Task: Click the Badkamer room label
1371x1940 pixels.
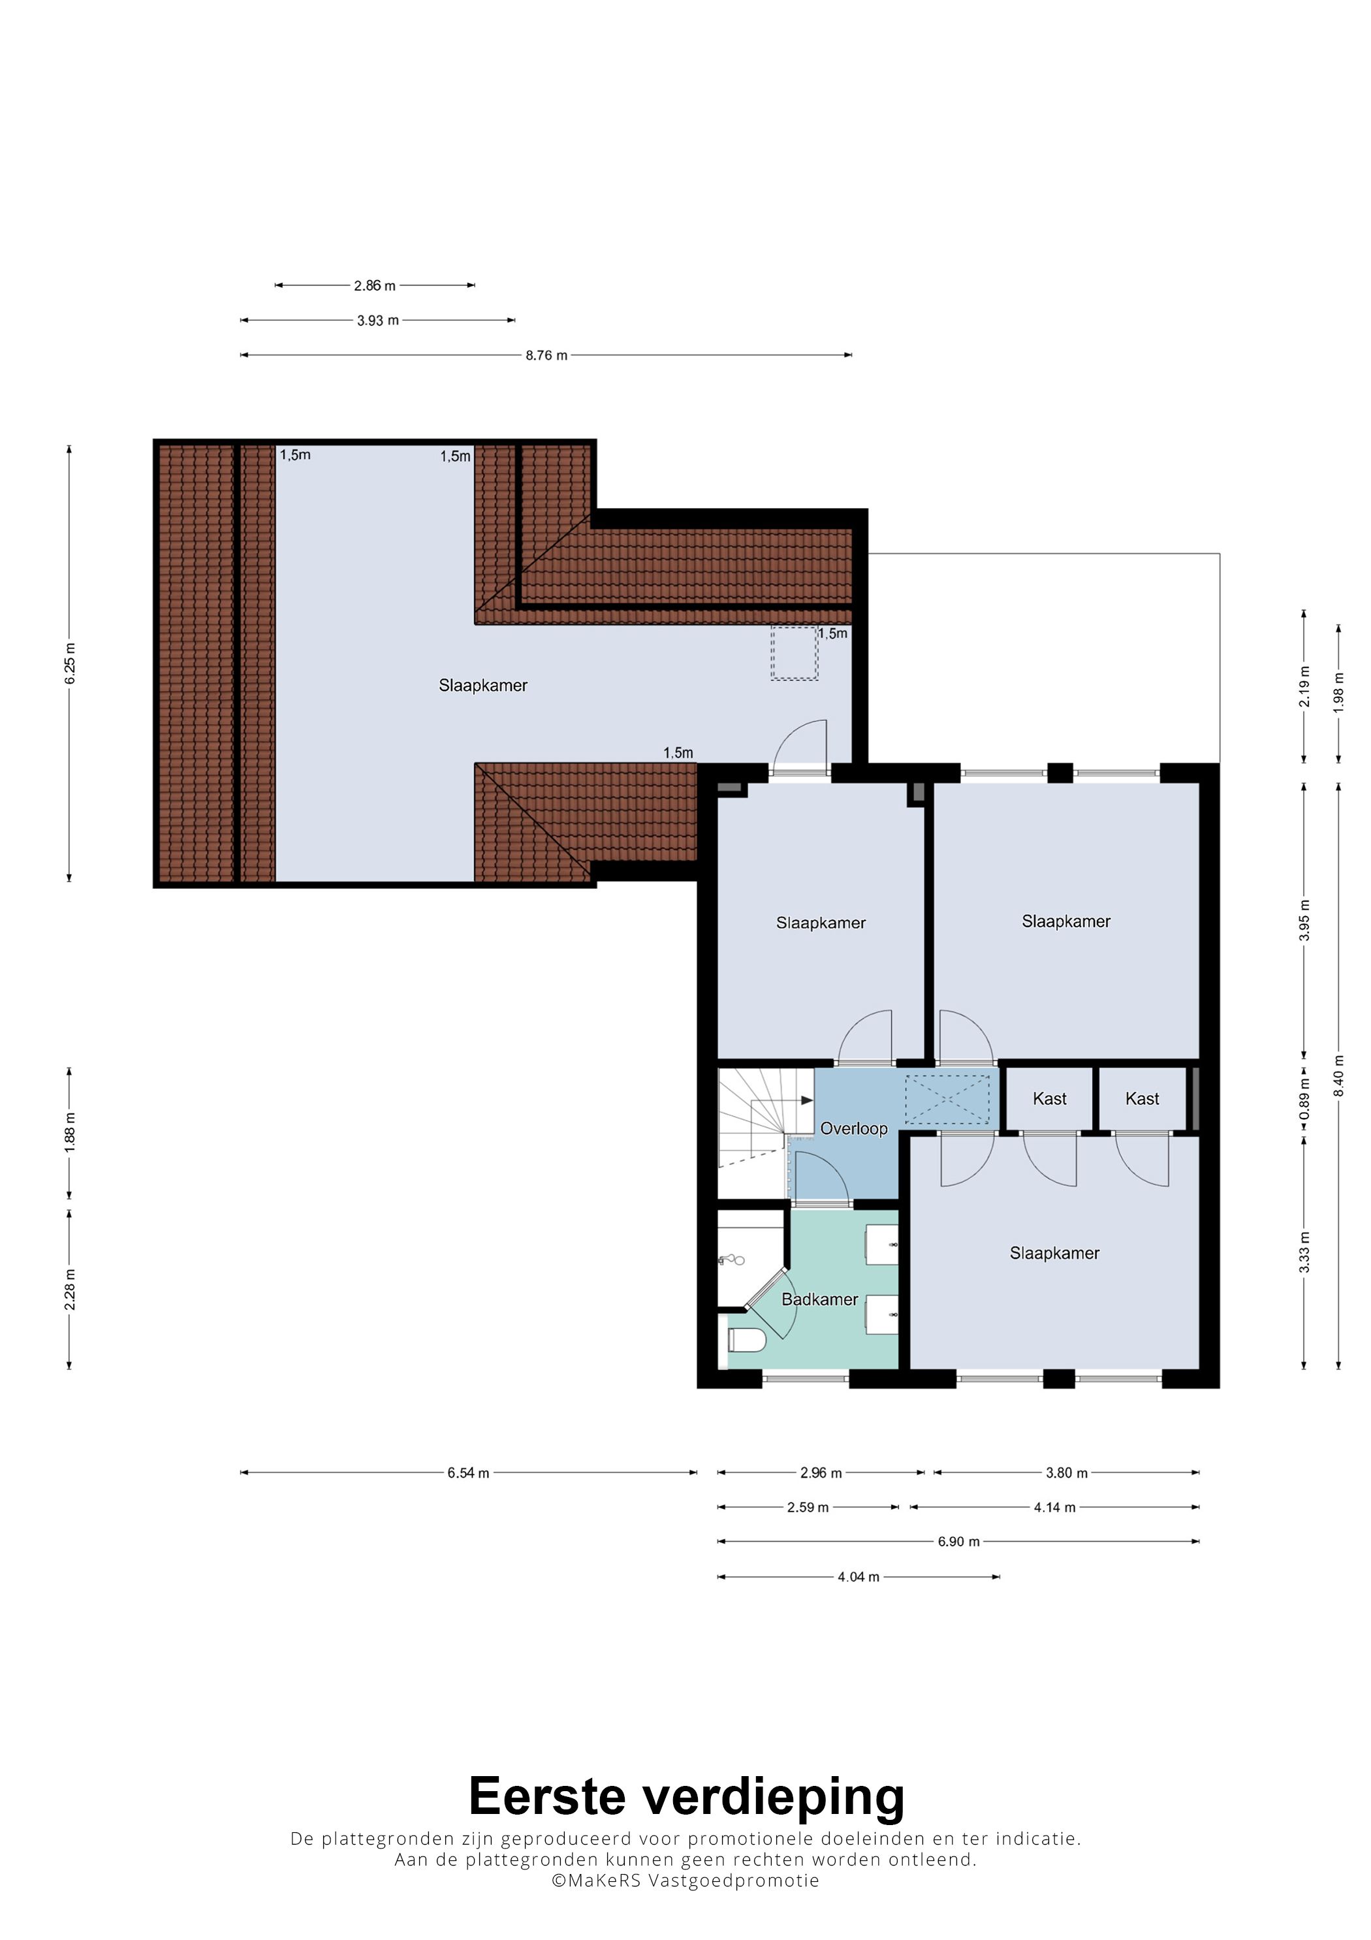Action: tap(819, 1299)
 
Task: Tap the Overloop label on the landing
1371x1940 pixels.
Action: tap(854, 1129)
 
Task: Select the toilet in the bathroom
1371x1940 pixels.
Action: tap(746, 1340)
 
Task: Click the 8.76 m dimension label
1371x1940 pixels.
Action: tap(546, 356)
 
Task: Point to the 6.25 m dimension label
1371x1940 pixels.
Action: tap(70, 663)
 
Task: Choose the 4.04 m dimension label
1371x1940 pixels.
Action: tap(859, 1578)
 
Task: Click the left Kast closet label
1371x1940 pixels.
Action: tap(1050, 1099)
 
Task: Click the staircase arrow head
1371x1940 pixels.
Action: tap(808, 1101)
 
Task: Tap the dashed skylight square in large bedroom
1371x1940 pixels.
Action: tap(794, 653)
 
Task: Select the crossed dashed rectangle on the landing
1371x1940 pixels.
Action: tap(947, 1101)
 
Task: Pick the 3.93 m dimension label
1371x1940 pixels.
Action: tap(377, 321)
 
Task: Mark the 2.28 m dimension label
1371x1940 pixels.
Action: tap(70, 1290)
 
